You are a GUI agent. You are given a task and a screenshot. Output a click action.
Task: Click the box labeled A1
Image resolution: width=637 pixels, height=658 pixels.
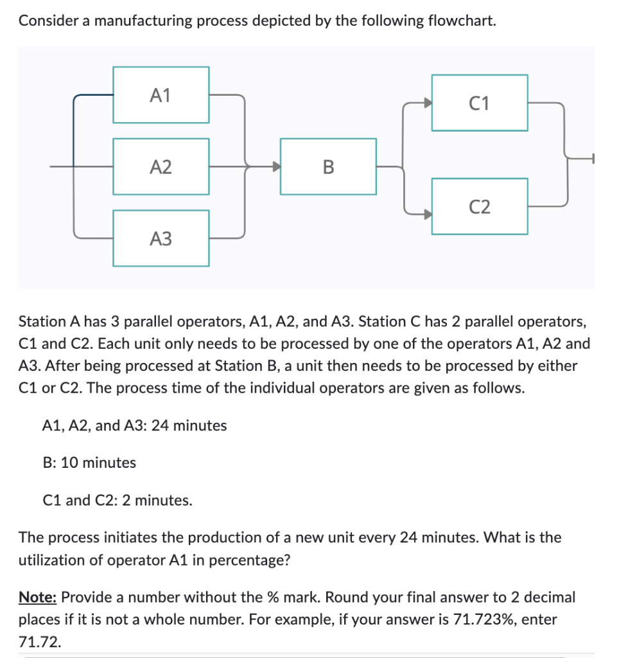(161, 95)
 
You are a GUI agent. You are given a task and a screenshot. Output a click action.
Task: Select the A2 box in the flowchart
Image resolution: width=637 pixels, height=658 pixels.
(161, 167)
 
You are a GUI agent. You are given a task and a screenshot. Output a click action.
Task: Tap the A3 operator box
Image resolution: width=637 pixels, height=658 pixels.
(161, 238)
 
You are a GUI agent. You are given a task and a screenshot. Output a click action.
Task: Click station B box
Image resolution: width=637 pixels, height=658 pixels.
(328, 167)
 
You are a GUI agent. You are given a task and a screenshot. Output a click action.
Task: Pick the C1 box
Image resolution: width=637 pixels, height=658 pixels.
(479, 103)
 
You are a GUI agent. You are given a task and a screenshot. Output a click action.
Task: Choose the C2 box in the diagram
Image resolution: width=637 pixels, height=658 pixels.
(479, 206)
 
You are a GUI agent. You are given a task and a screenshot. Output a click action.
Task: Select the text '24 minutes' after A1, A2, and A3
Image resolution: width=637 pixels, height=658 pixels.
(189, 425)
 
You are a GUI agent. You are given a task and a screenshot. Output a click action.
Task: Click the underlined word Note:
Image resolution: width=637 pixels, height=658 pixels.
(39, 598)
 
